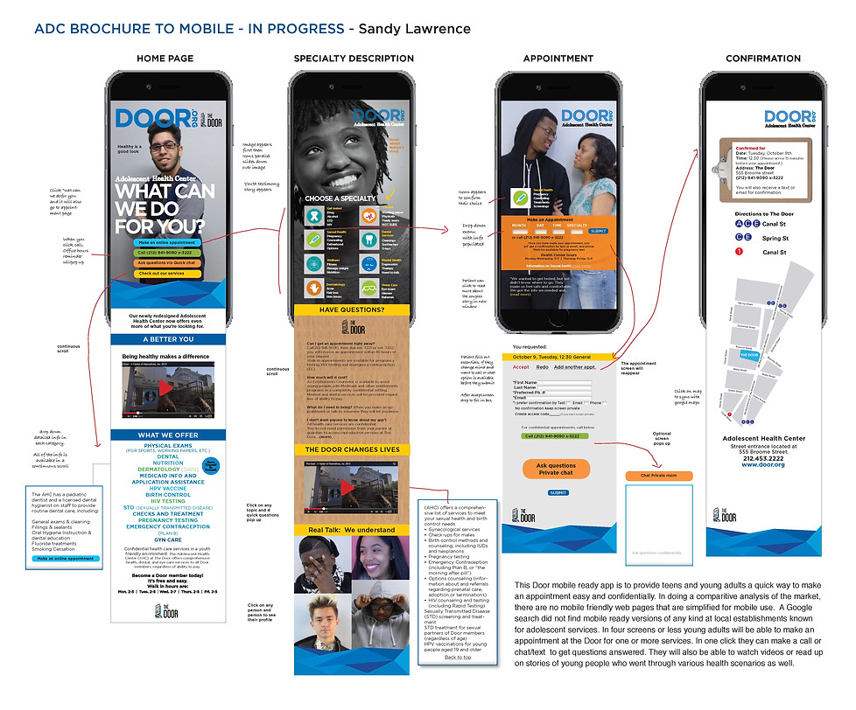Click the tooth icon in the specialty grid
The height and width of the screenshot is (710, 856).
coord(368,238)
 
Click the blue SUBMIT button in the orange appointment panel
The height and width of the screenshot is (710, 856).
coord(598,231)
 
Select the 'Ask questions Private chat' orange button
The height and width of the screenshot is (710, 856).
coord(556,469)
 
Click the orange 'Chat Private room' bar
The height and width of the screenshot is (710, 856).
coord(659,476)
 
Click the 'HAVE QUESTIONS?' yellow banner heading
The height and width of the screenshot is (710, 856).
coord(352,310)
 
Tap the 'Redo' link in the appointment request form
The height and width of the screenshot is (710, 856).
coord(543,367)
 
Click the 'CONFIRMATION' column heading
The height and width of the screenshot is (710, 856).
coord(762,59)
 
